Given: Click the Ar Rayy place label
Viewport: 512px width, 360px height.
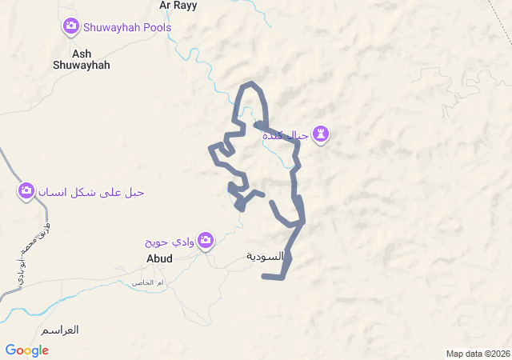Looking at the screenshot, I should click(x=178, y=6).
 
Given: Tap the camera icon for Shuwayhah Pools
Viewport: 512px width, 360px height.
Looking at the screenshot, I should click(x=70, y=27).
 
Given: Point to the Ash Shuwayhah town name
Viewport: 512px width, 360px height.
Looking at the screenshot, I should click(x=80, y=59).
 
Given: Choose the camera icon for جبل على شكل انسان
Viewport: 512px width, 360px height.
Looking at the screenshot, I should click(x=26, y=191).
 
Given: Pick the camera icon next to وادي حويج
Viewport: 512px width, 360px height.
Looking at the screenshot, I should click(x=206, y=239).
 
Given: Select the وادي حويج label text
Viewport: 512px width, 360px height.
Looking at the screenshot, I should click(x=170, y=241).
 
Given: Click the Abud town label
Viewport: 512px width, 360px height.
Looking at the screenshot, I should click(x=159, y=258).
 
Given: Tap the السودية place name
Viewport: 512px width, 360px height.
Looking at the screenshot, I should click(x=266, y=257).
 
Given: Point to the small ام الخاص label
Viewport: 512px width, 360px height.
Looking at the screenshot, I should click(x=148, y=282).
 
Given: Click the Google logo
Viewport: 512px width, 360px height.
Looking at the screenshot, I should click(x=26, y=350).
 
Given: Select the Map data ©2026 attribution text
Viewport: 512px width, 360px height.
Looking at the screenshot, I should click(x=478, y=354).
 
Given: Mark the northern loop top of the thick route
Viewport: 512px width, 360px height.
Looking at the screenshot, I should click(x=252, y=84).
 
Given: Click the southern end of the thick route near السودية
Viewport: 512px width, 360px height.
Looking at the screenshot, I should click(x=266, y=277).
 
